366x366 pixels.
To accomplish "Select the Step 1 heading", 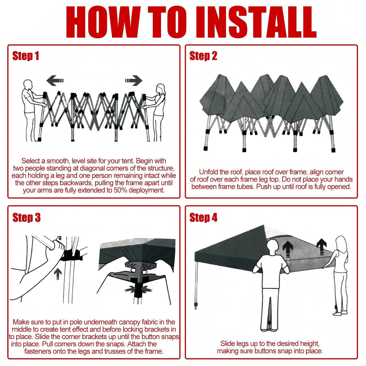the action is click(x=26, y=56).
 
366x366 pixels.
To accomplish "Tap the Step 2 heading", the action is click(x=203, y=56).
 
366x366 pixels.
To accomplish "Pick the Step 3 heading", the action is click(x=26, y=217).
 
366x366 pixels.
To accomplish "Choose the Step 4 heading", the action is click(x=203, y=217).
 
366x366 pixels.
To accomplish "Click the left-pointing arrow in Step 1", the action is click(x=55, y=81).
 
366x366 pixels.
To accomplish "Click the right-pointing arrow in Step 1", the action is click(x=134, y=81).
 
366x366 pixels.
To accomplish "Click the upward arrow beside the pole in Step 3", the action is click(x=58, y=273).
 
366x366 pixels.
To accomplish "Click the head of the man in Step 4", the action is click(x=273, y=246).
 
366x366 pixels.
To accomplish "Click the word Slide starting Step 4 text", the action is click(x=228, y=344).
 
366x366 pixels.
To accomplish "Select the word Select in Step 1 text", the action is click(x=31, y=161).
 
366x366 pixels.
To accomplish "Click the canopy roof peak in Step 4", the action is click(x=264, y=225).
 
